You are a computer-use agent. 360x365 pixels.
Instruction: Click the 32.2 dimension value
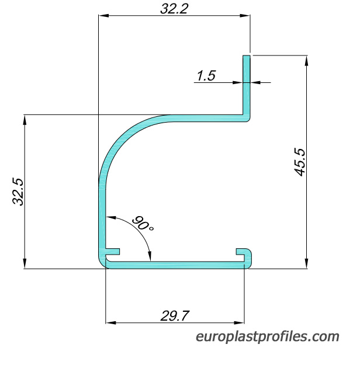click(174, 9)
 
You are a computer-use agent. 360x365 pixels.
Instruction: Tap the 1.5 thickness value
click(206, 76)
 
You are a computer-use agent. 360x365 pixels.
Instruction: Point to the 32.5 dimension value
click(18, 192)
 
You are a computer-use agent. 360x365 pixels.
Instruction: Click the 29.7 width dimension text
click(175, 316)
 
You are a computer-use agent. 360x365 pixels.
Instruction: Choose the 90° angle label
click(143, 224)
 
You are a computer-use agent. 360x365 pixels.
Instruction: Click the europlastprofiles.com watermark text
click(268, 337)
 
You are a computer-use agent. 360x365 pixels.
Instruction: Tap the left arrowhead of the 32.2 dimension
click(103, 16)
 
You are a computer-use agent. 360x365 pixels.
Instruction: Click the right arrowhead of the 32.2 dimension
click(245, 16)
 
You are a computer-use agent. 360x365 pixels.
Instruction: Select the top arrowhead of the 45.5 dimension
click(306, 61)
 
